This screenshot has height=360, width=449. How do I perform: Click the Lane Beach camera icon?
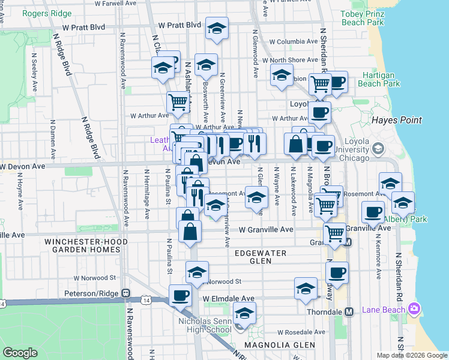point(414,308)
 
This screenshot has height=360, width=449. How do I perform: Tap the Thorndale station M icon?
point(349,311)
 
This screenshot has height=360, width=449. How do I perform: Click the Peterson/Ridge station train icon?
point(126,293)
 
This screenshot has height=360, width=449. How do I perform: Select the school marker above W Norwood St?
point(196,272)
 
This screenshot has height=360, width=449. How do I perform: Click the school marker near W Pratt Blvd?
point(217,28)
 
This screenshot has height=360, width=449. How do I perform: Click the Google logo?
point(20,353)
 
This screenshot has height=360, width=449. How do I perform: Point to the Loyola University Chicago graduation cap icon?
point(378,147)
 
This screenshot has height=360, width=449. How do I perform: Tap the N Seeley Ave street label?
point(34,74)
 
